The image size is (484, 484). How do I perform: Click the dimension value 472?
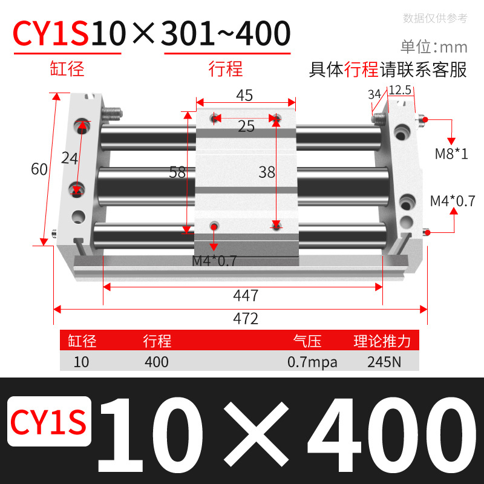(x=246, y=319)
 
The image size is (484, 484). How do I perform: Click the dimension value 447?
(x=246, y=296)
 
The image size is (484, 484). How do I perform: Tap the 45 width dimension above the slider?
(x=244, y=96)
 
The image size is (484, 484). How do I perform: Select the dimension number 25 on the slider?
(x=246, y=126)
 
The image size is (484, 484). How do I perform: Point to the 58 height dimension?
(x=177, y=172)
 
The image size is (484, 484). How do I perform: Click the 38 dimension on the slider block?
(x=267, y=172)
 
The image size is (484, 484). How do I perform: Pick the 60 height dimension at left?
(x=39, y=169)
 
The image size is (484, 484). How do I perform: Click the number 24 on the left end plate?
(x=70, y=159)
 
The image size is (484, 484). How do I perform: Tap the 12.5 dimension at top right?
(x=400, y=90)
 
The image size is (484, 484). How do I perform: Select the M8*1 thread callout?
(x=451, y=154)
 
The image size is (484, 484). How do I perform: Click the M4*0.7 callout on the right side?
(x=452, y=200)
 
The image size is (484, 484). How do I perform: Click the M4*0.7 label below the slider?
(x=214, y=261)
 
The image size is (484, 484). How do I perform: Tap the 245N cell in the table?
(x=382, y=362)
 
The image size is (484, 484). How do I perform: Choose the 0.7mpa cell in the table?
(x=312, y=362)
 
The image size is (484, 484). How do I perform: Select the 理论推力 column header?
(x=382, y=341)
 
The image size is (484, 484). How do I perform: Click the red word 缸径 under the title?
(x=67, y=68)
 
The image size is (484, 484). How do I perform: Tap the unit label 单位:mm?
(x=434, y=47)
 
